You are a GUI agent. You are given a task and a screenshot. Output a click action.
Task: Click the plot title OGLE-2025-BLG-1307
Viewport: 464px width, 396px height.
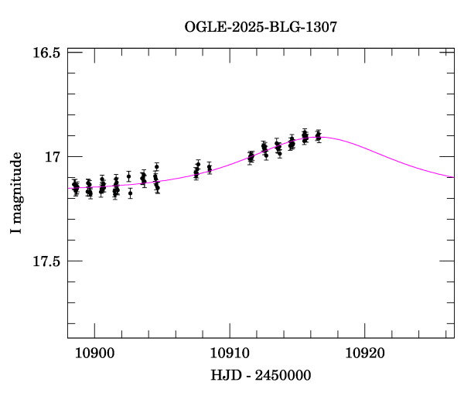[261, 28]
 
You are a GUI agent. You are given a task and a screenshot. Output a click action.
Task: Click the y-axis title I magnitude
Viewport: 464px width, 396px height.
[16, 194]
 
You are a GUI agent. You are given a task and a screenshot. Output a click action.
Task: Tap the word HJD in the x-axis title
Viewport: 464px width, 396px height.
[226, 375]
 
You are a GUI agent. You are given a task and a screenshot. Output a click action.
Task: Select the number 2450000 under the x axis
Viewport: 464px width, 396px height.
[283, 375]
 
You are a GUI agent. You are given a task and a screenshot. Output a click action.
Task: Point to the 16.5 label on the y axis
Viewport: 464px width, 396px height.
[47, 53]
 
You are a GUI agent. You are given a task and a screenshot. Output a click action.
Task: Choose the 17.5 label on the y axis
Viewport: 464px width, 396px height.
[47, 261]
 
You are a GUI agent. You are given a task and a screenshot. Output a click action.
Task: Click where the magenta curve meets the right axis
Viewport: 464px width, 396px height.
[454, 177]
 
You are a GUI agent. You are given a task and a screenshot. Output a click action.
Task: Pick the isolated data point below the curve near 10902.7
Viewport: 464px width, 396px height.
[130, 193]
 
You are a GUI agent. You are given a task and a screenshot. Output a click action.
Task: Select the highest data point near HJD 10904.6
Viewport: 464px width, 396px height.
[156, 166]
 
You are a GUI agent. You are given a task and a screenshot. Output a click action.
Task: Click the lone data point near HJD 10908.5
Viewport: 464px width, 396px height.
[210, 168]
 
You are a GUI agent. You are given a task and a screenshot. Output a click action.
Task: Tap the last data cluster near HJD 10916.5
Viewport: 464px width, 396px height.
[318, 136]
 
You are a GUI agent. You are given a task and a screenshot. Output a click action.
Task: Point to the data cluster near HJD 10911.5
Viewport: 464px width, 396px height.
[251, 157]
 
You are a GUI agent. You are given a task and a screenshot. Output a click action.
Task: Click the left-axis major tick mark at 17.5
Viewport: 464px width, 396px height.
[71, 261]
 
